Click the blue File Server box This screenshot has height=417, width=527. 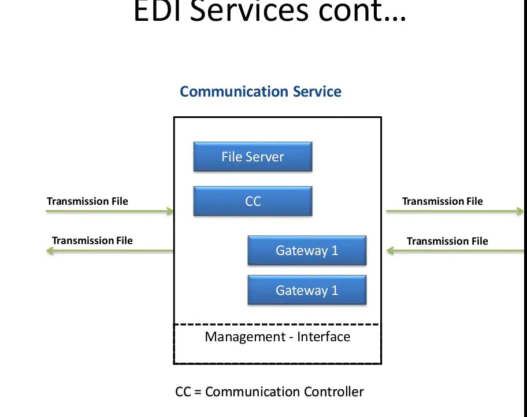pyautogui.click(x=253, y=157)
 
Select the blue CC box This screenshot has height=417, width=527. pyautogui.click(x=253, y=201)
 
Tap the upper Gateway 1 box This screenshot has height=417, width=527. pyautogui.click(x=307, y=250)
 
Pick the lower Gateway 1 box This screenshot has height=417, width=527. pyautogui.click(x=307, y=290)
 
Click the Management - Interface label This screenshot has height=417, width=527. pyautogui.click(x=277, y=337)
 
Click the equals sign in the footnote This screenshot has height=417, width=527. pyautogui.click(x=198, y=392)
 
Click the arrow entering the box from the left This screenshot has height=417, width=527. pyautogui.click(x=110, y=212)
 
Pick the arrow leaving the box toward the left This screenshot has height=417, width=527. pyautogui.click(x=110, y=251)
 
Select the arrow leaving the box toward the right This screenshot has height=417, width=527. pyautogui.click(x=454, y=212)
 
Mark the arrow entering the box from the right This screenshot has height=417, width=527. pyautogui.click(x=454, y=251)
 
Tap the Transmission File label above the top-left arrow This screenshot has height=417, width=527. pyautogui.click(x=87, y=201)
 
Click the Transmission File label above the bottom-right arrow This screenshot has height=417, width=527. pyautogui.click(x=447, y=241)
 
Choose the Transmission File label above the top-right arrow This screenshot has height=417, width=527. pyautogui.click(x=442, y=201)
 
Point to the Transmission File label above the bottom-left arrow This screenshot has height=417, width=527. pyautogui.click(x=92, y=241)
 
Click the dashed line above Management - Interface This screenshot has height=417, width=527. pyautogui.click(x=277, y=324)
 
